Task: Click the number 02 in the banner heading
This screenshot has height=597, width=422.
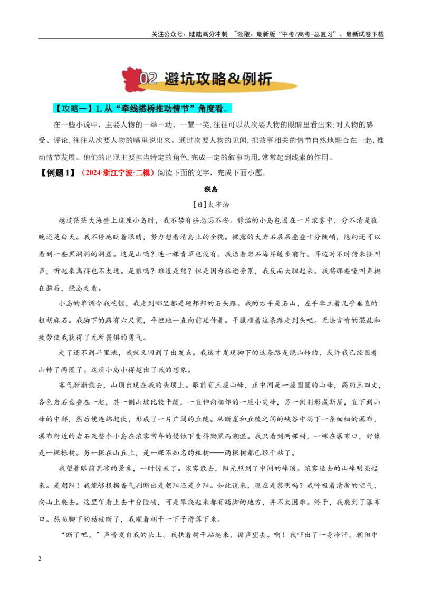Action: [148, 79]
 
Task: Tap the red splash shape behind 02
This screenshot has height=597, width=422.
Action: [131, 79]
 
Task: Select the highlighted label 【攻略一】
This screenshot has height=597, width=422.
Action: [73, 109]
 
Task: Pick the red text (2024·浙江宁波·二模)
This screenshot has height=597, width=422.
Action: [118, 172]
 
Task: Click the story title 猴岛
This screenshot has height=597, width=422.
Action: [210, 189]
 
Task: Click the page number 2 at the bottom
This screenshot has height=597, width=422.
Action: [40, 559]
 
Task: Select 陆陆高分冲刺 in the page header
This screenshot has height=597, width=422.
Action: [208, 34]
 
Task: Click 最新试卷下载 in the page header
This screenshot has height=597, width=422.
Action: [365, 34]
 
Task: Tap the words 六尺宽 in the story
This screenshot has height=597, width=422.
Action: [131, 320]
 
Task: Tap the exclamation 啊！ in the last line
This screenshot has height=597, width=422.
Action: [280, 535]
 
